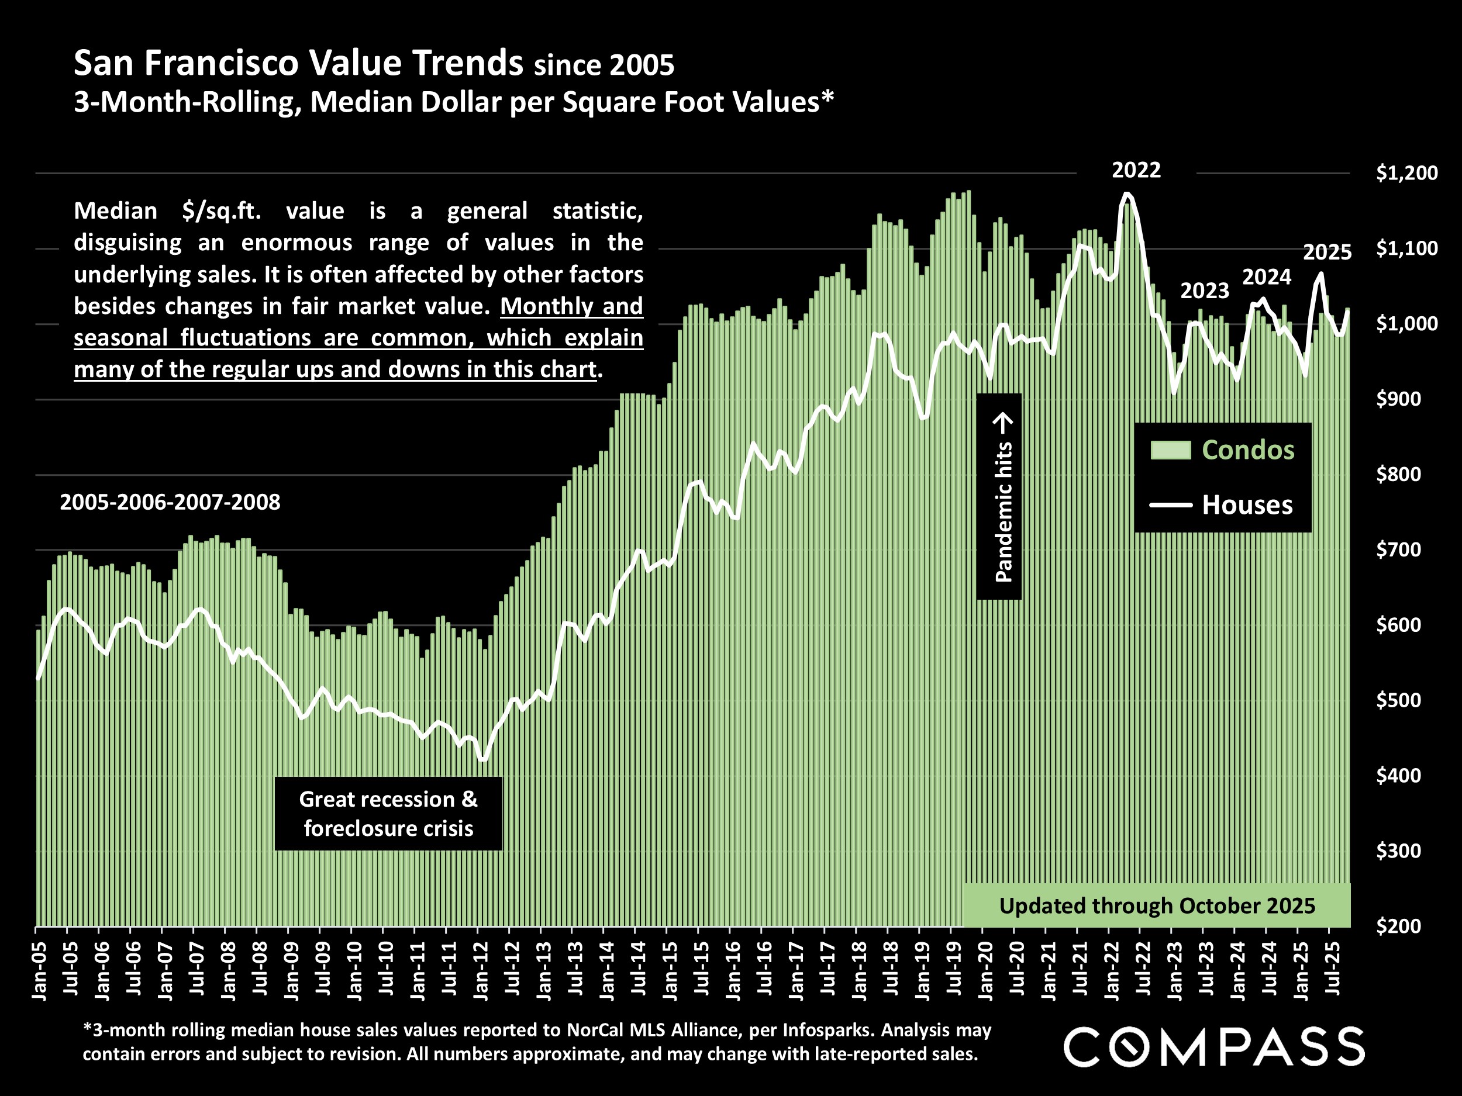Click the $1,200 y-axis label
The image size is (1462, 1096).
(x=1406, y=173)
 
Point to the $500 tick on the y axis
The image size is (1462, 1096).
(x=1398, y=700)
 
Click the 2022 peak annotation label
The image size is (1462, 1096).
(x=1136, y=171)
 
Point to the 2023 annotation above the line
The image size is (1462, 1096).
(x=1204, y=291)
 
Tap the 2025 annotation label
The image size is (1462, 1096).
(x=1326, y=253)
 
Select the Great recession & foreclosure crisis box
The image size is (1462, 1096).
(x=388, y=813)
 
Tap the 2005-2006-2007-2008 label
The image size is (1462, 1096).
(x=170, y=502)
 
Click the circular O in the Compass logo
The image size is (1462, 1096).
(x=1130, y=1046)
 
